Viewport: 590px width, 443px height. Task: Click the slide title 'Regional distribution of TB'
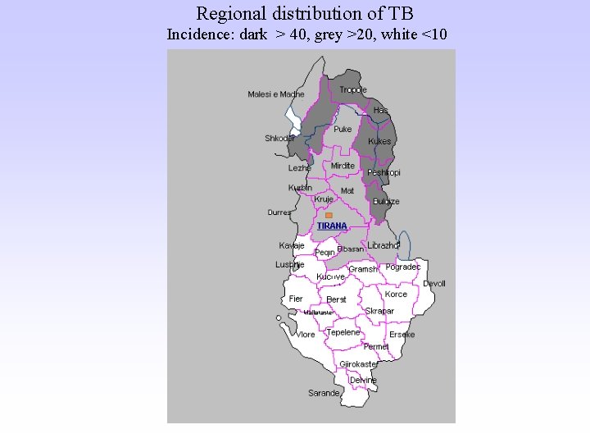[305, 13]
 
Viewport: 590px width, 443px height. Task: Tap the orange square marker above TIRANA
[329, 215]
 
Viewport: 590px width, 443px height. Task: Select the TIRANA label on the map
[332, 226]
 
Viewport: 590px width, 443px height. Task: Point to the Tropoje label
[353, 89]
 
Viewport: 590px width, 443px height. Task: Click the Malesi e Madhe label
[275, 94]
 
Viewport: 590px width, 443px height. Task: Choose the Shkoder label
[279, 138]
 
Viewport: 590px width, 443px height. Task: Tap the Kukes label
[379, 141]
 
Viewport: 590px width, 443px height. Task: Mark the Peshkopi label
[383, 172]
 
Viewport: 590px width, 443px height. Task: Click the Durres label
[279, 212]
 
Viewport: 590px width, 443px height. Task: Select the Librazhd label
[383, 245]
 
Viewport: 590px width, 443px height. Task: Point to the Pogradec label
[402, 267]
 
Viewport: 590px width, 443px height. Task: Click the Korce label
[396, 294]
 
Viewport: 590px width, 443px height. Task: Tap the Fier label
[296, 299]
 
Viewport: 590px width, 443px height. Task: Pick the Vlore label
[306, 335]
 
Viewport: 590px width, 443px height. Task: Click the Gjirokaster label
[358, 363]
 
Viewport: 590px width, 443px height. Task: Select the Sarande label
[324, 393]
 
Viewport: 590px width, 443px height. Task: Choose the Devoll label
[434, 283]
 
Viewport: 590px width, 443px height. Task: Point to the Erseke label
[402, 335]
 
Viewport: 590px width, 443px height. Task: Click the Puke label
[343, 129]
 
